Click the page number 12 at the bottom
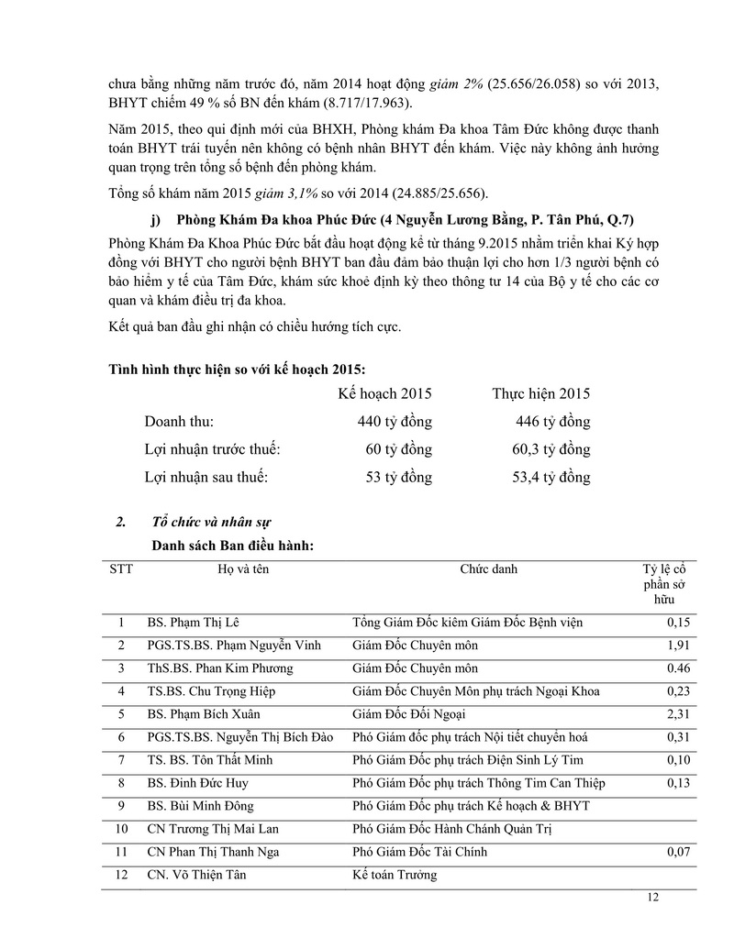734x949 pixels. click(x=652, y=898)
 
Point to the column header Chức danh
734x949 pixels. click(x=488, y=569)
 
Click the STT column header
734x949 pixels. click(x=121, y=569)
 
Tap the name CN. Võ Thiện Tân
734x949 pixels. click(x=196, y=875)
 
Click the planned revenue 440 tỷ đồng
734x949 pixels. click(x=395, y=422)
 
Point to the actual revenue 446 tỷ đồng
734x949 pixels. click(x=553, y=422)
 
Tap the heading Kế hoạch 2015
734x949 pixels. click(x=384, y=393)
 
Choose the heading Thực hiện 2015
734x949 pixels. click(x=541, y=393)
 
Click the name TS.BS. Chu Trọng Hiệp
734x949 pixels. click(x=211, y=691)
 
